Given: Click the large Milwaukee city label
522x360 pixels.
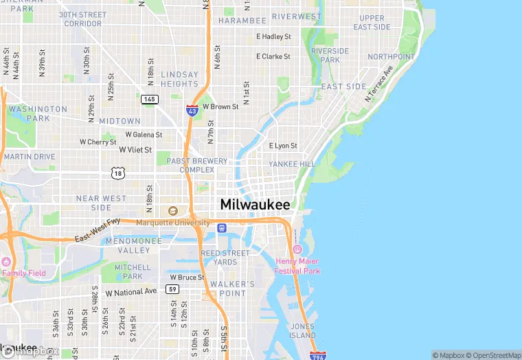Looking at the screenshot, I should point(255,204).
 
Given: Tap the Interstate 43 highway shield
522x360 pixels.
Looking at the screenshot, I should point(192,109).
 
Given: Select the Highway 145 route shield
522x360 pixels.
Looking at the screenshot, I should point(150,100).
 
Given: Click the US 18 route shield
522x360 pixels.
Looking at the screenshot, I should point(117,175).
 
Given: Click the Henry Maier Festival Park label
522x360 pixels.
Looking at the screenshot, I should point(297,266).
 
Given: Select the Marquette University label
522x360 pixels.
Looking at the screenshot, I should point(172,223).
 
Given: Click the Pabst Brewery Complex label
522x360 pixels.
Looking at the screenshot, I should point(196,165).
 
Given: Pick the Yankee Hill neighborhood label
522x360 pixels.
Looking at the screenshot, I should point(291,164).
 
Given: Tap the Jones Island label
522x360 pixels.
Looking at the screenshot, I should point(302,330).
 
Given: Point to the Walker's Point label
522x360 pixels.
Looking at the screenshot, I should point(232,289).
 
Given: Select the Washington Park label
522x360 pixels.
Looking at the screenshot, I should point(38,113).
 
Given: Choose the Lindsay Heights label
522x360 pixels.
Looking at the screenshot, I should point(179,79).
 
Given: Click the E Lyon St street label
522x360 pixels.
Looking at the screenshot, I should point(283,146).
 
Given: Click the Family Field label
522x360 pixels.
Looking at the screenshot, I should point(23,273).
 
